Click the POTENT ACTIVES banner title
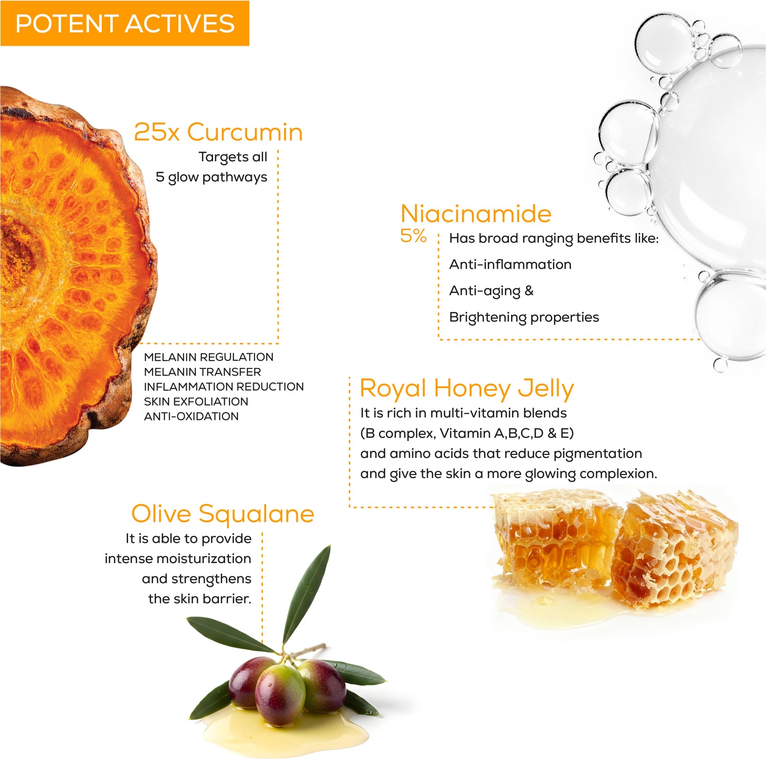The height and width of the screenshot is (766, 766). pyautogui.click(x=125, y=23)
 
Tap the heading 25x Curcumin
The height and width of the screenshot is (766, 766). pyautogui.click(x=218, y=132)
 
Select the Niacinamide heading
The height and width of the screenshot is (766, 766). pyautogui.click(x=476, y=214)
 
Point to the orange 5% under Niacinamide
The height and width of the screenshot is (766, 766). pyautogui.click(x=413, y=236)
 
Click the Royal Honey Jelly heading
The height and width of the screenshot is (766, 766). pyautogui.click(x=466, y=389)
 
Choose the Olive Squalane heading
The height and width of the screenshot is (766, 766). pyautogui.click(x=223, y=514)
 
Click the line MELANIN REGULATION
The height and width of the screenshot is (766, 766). pyautogui.click(x=209, y=357)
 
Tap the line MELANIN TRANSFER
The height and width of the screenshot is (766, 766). pyautogui.click(x=202, y=372)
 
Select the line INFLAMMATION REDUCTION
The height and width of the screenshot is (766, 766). pyautogui.click(x=224, y=387)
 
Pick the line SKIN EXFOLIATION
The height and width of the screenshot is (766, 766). pyautogui.click(x=196, y=401)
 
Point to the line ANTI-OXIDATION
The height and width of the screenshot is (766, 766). pyautogui.click(x=191, y=416)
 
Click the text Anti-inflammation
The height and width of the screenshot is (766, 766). pyautogui.click(x=510, y=265)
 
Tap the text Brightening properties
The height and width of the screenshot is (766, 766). pyautogui.click(x=524, y=318)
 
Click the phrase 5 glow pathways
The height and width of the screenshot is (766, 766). pyautogui.click(x=212, y=177)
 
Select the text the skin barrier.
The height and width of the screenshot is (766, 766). pyautogui.click(x=199, y=598)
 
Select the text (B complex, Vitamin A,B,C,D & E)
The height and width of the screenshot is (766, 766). pyautogui.click(x=467, y=433)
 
